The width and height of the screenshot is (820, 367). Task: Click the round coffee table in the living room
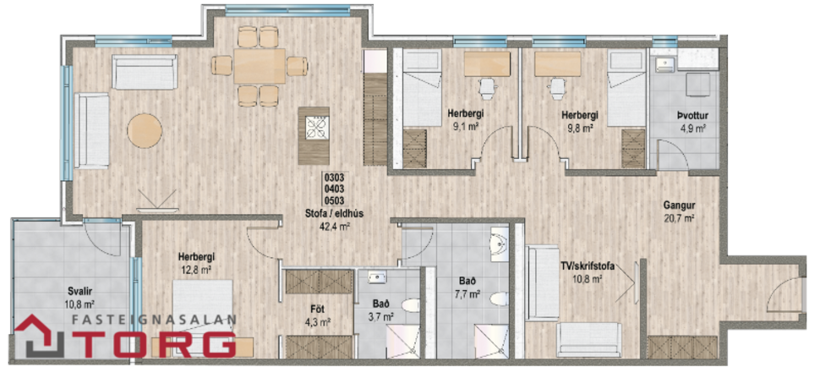(145, 131)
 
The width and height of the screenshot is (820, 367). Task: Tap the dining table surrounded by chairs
(260, 65)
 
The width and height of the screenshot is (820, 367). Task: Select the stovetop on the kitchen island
(319, 127)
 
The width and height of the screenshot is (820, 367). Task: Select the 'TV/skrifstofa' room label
(586, 266)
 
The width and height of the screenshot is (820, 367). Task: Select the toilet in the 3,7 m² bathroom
(409, 305)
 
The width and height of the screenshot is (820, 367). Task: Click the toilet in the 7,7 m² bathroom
(499, 298)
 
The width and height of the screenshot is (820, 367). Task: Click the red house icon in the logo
(38, 336)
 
